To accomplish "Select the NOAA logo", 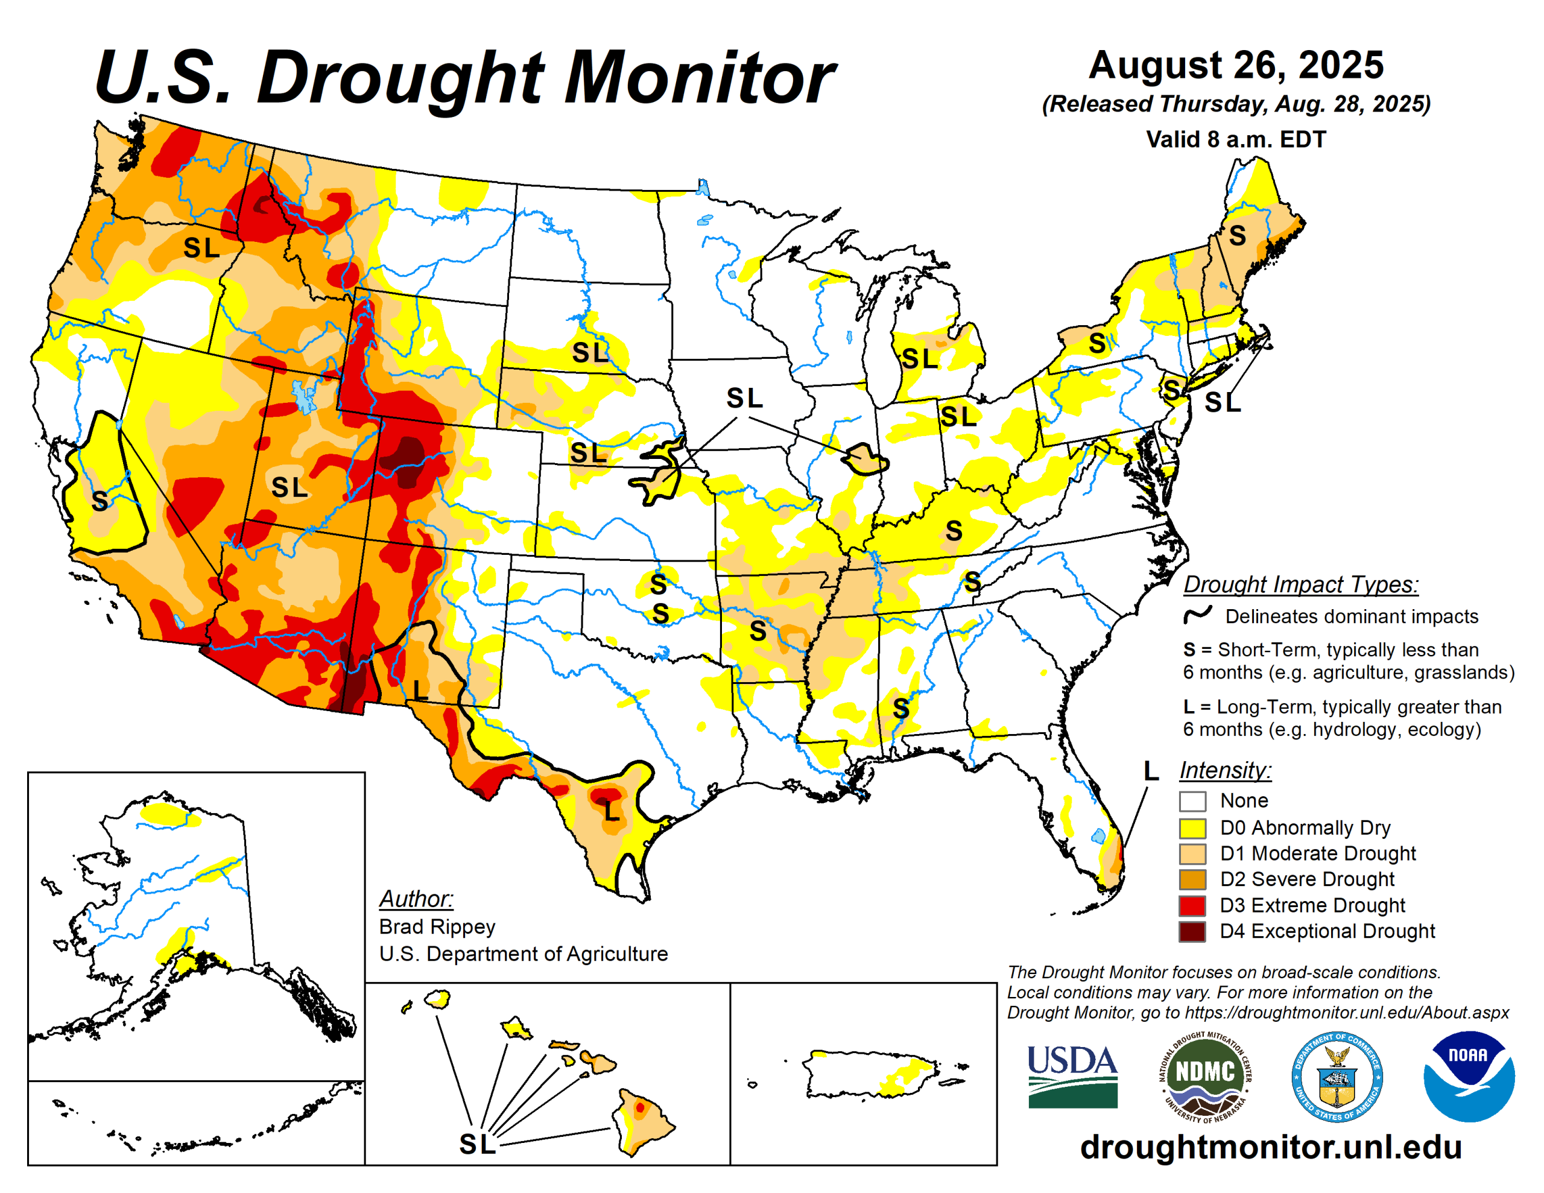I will (1469, 1075).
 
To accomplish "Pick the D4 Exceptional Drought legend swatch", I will (1192, 931).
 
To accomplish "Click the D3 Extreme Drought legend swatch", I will (1192, 905).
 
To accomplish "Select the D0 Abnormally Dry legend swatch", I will (1192, 828).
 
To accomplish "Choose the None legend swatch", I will (1192, 801).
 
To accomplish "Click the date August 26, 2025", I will (1235, 65).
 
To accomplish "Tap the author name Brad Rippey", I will (437, 926).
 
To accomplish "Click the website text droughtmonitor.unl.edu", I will (1270, 1147).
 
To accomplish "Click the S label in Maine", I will (1236, 235).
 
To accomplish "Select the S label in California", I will (100, 501).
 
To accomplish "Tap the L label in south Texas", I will (612, 811).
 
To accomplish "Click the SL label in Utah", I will (289, 487).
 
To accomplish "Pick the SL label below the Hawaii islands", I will (477, 1144).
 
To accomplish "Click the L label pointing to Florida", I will (1150, 771).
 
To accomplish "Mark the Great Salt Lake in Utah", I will (305, 397).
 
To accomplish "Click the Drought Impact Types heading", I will (1300, 585).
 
